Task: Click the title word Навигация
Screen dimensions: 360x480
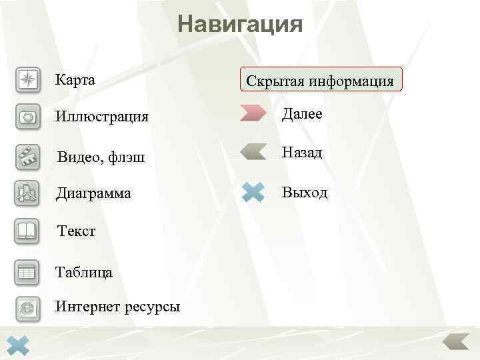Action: tap(240, 25)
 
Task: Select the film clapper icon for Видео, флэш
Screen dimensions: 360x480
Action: tap(27, 157)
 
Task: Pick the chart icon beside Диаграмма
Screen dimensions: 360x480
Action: tap(27, 193)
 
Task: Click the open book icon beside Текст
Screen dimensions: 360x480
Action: tap(27, 231)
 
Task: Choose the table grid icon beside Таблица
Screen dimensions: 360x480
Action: tap(27, 271)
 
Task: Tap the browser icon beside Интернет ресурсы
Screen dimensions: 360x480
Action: tap(27, 307)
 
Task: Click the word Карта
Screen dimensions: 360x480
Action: tap(75, 80)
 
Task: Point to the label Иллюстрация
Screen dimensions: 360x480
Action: tap(102, 117)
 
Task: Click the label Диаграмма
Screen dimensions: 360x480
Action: tap(93, 194)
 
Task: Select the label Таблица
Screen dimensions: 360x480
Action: tap(84, 272)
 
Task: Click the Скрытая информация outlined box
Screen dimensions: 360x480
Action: tap(320, 80)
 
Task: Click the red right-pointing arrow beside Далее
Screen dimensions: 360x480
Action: tap(253, 113)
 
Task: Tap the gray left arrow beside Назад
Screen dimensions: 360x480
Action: tap(253, 152)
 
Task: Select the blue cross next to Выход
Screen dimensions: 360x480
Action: tap(254, 193)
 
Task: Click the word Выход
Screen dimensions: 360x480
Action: tap(305, 193)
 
